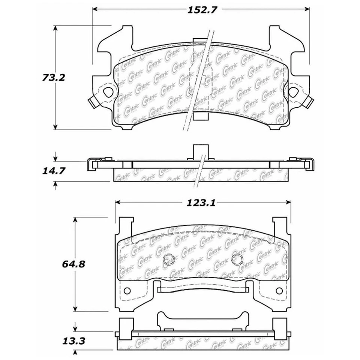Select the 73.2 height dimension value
(53, 78)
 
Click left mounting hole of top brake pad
(108, 91)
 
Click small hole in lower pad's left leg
(127, 291)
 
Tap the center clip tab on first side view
(200, 152)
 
